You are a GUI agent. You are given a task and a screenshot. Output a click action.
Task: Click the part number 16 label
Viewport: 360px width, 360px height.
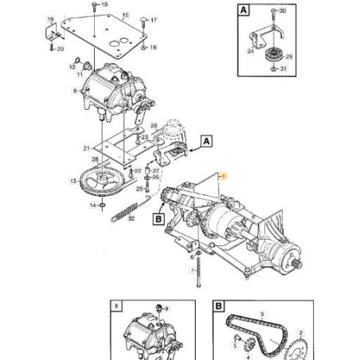[105, 5]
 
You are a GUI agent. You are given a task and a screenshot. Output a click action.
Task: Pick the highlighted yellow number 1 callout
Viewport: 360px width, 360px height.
[225, 176]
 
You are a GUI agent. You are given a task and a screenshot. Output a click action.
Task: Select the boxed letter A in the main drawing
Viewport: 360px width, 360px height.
[206, 139]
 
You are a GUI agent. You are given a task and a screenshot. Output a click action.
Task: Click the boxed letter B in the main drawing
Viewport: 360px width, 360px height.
[158, 217]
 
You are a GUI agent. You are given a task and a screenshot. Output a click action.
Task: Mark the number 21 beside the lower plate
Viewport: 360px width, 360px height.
[86, 147]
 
